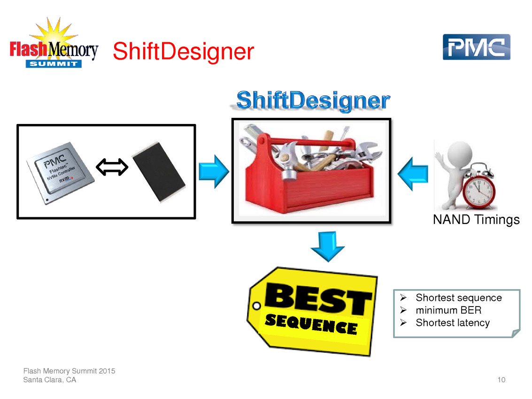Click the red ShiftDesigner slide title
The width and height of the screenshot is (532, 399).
click(183, 51)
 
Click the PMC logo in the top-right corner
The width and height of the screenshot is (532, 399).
click(476, 47)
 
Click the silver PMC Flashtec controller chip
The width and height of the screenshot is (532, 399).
click(61, 172)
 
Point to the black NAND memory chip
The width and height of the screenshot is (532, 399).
click(159, 172)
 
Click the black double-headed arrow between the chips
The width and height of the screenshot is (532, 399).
click(112, 167)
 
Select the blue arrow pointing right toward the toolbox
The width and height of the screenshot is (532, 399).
click(214, 171)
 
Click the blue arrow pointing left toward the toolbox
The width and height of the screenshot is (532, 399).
click(413, 174)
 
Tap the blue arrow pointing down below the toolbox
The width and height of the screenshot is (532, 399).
click(328, 246)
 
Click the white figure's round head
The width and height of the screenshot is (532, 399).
click(460, 153)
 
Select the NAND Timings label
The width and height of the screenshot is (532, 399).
click(476, 220)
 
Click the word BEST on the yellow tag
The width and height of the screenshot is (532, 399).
click(318, 298)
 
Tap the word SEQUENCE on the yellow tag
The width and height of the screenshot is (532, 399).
click(311, 324)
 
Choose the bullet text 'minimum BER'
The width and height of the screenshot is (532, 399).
click(448, 310)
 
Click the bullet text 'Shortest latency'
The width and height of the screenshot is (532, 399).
click(453, 322)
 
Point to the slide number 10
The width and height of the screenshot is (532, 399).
click(501, 380)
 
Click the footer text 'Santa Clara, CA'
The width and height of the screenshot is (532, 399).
click(49, 380)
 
